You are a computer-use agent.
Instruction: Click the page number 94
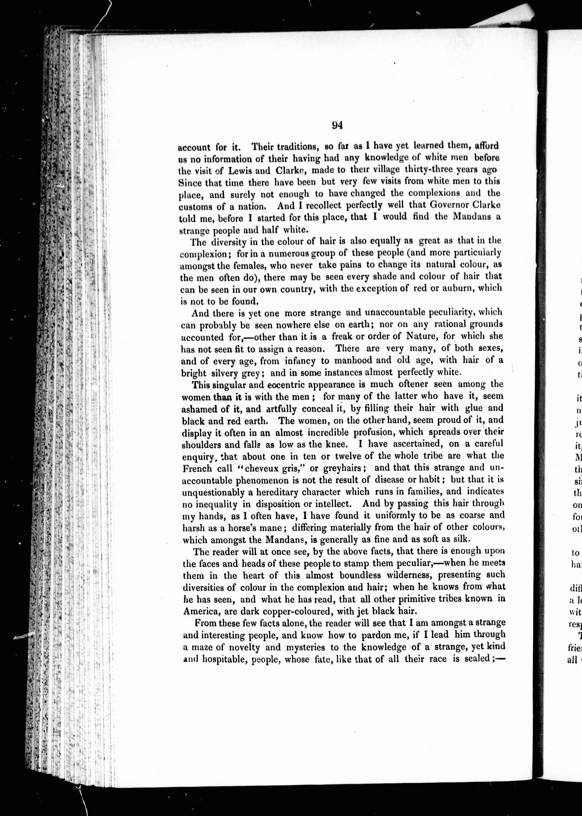[338, 125]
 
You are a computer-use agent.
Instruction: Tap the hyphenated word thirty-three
[427, 169]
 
